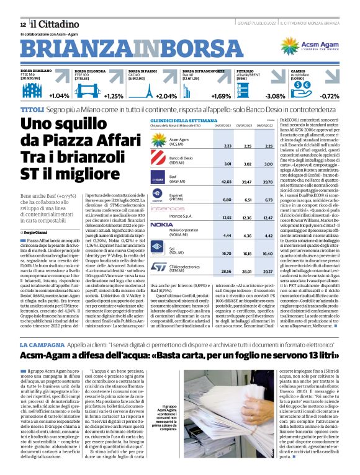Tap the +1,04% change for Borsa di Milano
pyautogui.click(x=58, y=96)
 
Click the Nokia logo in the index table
pyautogui.click(x=161, y=224)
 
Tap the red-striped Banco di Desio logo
pyautogui.click(x=161, y=161)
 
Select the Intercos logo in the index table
pyautogui.click(x=164, y=208)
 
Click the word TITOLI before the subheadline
pyautogui.click(x=32, y=109)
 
